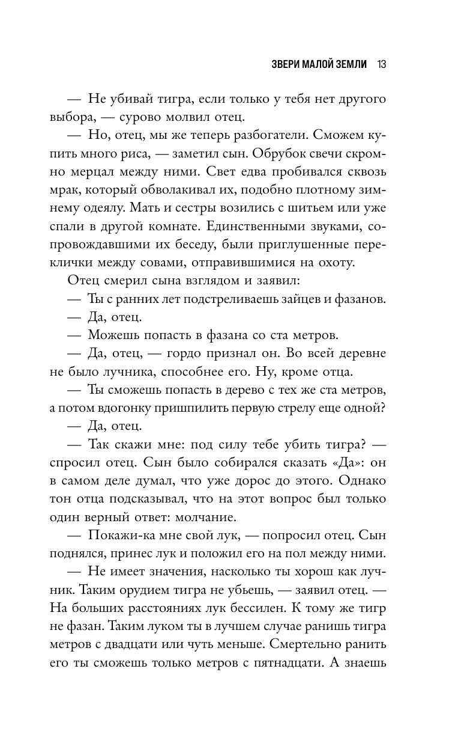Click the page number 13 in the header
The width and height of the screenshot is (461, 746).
click(x=381, y=64)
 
